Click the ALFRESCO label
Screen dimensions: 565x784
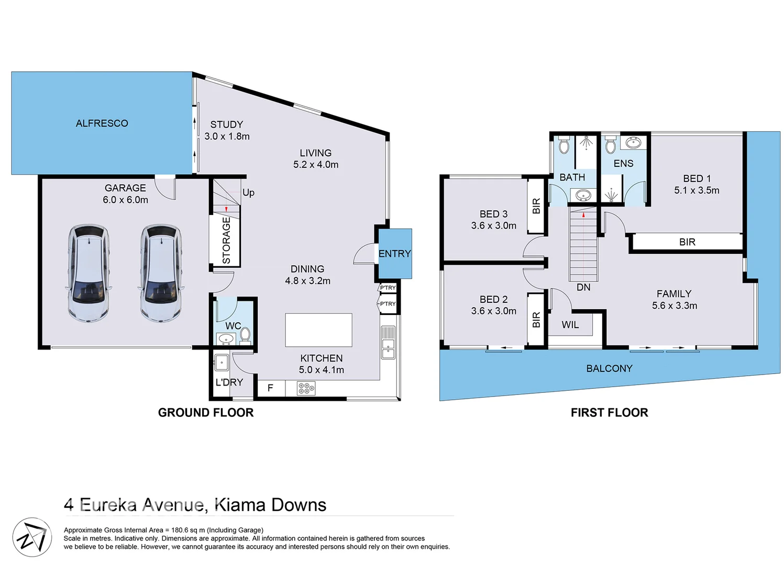(102, 123)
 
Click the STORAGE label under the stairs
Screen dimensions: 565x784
(226, 241)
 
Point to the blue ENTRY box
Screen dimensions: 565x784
(395, 254)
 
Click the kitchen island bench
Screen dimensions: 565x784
(318, 330)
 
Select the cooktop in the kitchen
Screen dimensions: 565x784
(306, 388)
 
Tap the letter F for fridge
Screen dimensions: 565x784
(270, 388)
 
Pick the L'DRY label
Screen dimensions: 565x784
(229, 382)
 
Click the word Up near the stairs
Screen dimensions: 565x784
(248, 193)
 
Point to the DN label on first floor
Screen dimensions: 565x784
(583, 287)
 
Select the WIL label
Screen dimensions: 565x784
(570, 325)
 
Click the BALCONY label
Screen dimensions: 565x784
(609, 368)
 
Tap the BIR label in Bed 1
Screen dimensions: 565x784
(687, 242)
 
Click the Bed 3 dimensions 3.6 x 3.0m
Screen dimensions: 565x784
(493, 225)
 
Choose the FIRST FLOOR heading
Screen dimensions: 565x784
(609, 413)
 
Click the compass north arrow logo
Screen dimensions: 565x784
(32, 537)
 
